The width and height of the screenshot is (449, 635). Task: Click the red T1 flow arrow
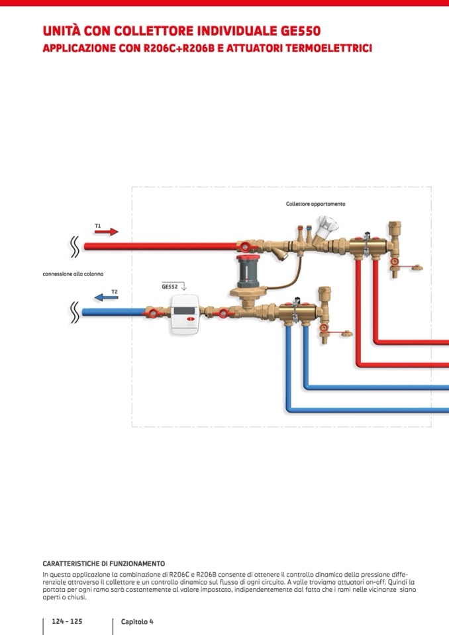(106, 232)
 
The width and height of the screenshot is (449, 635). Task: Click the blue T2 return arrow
(105, 297)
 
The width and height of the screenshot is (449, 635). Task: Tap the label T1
(97, 226)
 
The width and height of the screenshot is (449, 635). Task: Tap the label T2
(115, 291)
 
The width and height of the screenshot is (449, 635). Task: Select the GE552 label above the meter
(170, 286)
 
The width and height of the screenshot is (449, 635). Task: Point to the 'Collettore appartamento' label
(315, 204)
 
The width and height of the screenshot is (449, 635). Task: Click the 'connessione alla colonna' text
(73, 273)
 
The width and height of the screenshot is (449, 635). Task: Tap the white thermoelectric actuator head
(326, 227)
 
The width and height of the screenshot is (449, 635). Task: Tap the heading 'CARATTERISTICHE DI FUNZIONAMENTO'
(103, 563)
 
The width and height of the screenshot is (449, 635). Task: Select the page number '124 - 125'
(67, 622)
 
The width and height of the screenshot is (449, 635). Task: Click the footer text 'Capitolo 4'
(137, 622)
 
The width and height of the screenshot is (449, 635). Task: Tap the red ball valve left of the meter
(152, 312)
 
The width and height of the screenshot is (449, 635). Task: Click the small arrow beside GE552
(184, 287)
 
